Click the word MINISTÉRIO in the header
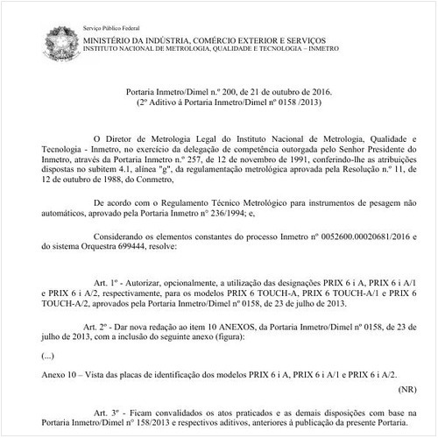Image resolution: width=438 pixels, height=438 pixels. [108, 18]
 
